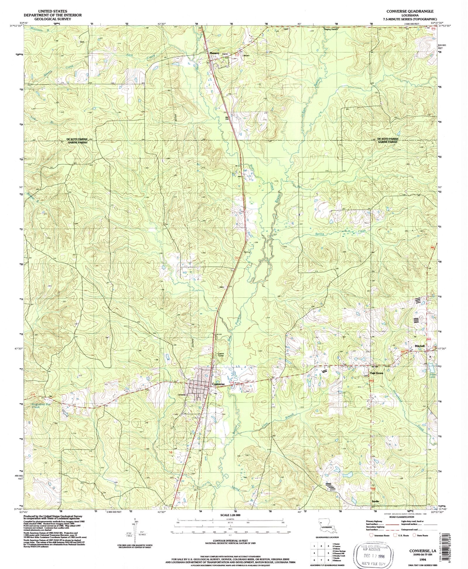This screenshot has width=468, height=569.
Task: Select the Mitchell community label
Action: point(419,346)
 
